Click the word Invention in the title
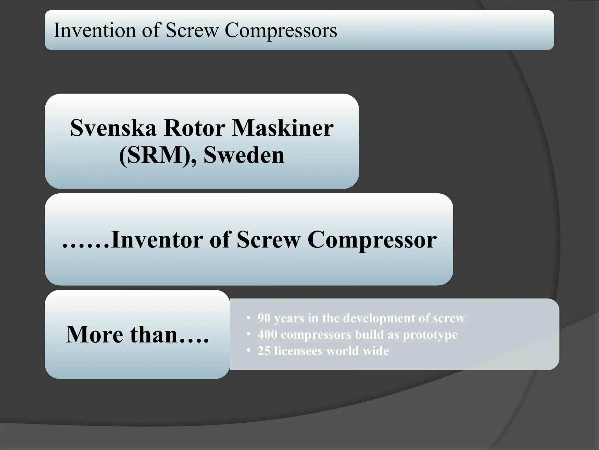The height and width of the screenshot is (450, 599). pyautogui.click(x=95, y=30)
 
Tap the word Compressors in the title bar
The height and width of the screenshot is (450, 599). pyautogui.click(x=281, y=31)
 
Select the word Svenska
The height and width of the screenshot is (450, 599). pyautogui.click(x=113, y=128)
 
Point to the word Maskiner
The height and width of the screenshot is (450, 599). pyautogui.click(x=283, y=128)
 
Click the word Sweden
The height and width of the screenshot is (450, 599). pyautogui.click(x=244, y=155)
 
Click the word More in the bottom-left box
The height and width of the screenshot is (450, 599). pyautogui.click(x=94, y=335)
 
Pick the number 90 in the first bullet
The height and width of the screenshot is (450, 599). pyautogui.click(x=264, y=318)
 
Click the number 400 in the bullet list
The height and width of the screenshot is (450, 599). pyautogui.click(x=267, y=335)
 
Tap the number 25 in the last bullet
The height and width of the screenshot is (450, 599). pyautogui.click(x=264, y=351)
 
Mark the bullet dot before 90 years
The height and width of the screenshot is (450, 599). pyautogui.click(x=249, y=318)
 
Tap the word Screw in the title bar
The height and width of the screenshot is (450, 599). pyautogui.click(x=192, y=30)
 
